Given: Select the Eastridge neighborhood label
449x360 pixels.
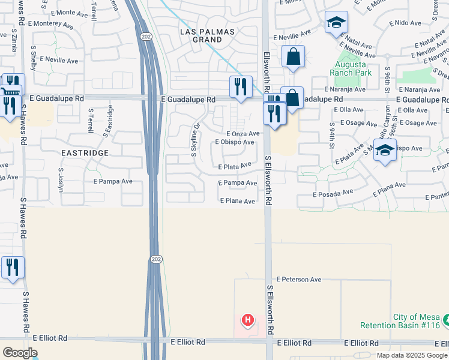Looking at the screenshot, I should [85, 153].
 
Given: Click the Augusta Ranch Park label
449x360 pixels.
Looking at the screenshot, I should [351, 68].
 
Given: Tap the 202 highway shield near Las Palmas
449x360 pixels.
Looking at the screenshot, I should [146, 37].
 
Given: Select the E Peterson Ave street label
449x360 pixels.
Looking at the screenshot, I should [299, 280].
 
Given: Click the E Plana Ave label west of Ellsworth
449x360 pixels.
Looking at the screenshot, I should [237, 202].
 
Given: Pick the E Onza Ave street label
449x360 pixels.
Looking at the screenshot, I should [243, 134].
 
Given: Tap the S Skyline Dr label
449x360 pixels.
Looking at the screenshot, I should [194, 139].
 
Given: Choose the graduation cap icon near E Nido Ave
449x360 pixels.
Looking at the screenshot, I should [336, 23].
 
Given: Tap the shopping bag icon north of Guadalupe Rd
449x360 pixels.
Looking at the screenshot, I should [293, 58].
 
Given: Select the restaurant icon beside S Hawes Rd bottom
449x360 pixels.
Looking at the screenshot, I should [13, 268].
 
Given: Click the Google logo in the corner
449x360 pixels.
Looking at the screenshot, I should [20, 353].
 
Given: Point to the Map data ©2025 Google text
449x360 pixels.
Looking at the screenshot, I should [411, 355].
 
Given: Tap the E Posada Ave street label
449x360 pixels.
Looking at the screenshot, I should [333, 194].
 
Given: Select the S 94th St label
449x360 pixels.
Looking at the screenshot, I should [331, 136].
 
